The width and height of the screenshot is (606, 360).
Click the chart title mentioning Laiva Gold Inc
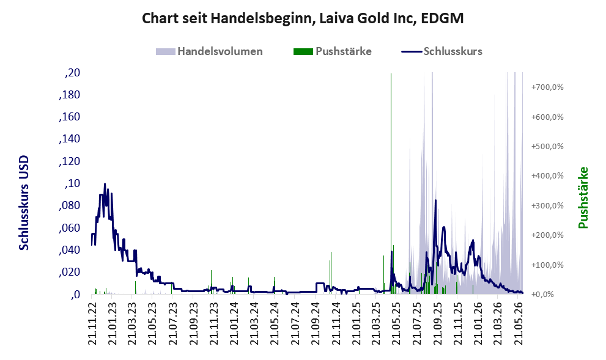point(303,18)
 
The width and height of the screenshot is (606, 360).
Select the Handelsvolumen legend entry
point(209,51)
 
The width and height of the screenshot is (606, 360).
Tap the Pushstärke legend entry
point(333,51)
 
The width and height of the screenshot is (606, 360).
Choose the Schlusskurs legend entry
point(442,51)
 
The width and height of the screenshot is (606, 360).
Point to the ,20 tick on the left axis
point(72,73)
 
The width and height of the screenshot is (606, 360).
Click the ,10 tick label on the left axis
point(72,183)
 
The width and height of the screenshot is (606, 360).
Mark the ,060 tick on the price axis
point(70,228)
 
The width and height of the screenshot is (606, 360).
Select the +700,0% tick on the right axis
point(547,87)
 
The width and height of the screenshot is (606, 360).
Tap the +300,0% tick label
point(547,205)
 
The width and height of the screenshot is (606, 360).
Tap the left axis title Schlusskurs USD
point(24,203)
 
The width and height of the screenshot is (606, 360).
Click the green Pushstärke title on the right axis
point(583,197)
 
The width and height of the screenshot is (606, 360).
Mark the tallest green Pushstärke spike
point(391,183)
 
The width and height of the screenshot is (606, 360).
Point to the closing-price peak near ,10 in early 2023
point(105,184)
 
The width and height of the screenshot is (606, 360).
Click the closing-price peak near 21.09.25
point(435,201)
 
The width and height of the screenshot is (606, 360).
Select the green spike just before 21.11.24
point(331,273)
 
